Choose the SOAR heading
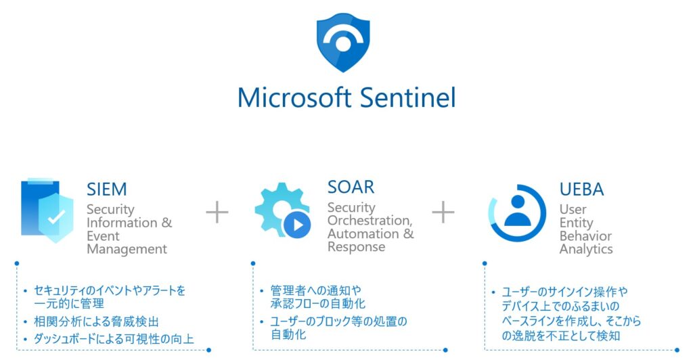pos(351,187)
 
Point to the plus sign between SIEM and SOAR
pos(217,212)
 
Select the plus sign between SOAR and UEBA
pos(443,212)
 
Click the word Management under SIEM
pos(127,249)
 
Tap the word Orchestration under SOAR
pos(369,221)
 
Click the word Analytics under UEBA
pos(586,249)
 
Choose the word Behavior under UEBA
pos(585,236)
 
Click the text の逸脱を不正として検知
pos(561,335)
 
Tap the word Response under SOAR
pos(356,247)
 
